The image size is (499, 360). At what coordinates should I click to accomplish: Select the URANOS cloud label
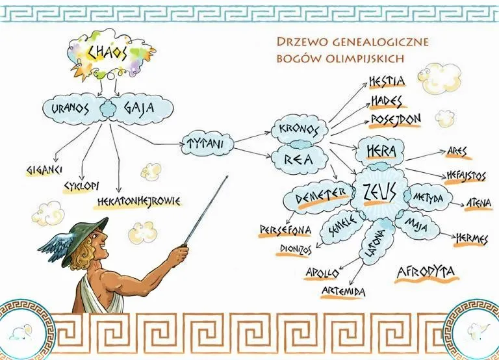[70, 108]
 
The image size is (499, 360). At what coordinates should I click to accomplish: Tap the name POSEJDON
[396, 120]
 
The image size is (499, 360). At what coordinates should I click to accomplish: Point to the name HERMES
[471, 238]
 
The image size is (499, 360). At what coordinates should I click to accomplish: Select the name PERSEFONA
[286, 230]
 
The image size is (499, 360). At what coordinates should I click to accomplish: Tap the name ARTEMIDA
[343, 292]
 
